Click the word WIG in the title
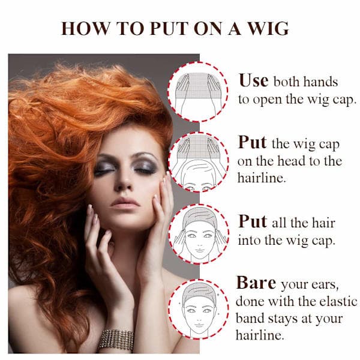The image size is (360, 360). pyautogui.click(x=269, y=28)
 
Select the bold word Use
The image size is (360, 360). pyautogui.click(x=253, y=80)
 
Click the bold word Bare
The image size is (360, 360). pyautogui.click(x=256, y=282)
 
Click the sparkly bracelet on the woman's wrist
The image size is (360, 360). pyautogui.click(x=116, y=340)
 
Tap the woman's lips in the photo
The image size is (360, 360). pyautogui.click(x=125, y=203)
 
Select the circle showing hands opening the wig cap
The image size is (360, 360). pyautogui.click(x=199, y=92)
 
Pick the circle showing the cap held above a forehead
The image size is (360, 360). pyautogui.click(x=199, y=163)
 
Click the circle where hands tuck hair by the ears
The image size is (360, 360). pyautogui.click(x=199, y=234)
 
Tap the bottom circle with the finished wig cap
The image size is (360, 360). pyautogui.click(x=199, y=309)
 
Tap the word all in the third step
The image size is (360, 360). pyautogui.click(x=279, y=223)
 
